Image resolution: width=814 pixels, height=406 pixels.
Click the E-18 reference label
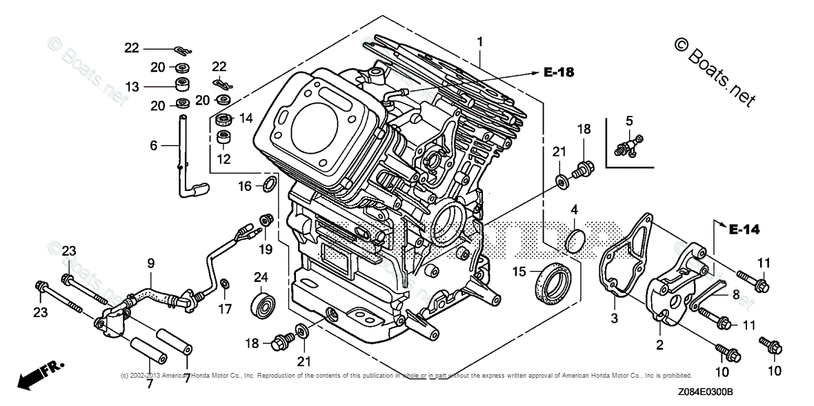[x=558, y=71]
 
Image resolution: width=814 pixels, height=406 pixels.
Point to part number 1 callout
[x=480, y=42]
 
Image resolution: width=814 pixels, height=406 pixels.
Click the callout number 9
[x=150, y=263]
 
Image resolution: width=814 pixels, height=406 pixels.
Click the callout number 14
[x=246, y=118]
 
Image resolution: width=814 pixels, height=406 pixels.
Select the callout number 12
[x=224, y=159]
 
